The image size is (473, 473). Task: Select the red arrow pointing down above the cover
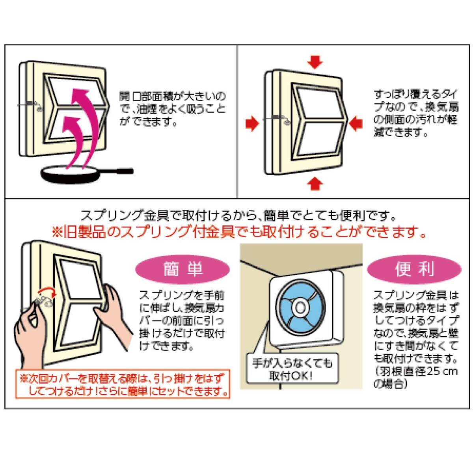(x=315, y=62)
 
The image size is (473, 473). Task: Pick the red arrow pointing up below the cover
(x=315, y=184)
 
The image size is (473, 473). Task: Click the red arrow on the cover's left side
(x=252, y=124)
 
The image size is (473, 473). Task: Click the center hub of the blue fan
(x=300, y=307)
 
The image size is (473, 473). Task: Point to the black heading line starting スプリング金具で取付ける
(x=238, y=216)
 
